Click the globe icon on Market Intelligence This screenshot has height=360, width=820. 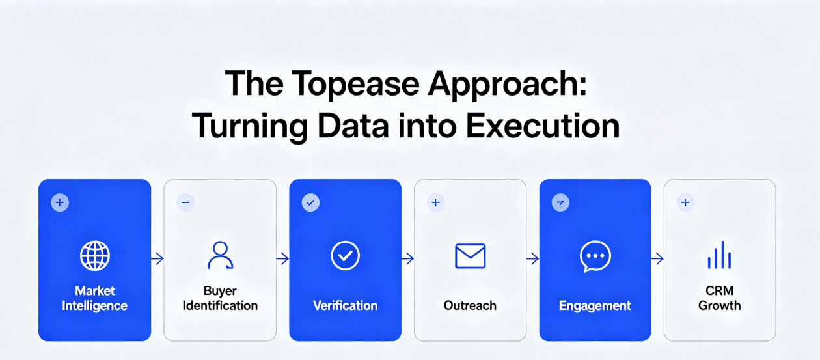tap(94, 256)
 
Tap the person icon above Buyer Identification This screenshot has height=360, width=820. tap(220, 255)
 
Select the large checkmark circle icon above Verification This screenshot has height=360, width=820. tap(345, 256)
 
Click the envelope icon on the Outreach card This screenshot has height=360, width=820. tap(470, 256)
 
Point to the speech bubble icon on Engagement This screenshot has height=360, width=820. tap(595, 256)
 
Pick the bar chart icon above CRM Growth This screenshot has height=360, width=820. tap(719, 256)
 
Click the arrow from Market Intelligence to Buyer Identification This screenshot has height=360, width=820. tap(157, 259)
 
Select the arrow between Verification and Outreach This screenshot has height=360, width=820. tap(407, 259)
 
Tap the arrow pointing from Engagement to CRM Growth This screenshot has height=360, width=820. tap(657, 259)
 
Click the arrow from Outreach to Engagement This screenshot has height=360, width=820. tap(532, 259)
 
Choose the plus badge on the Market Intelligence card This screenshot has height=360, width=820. tap(60, 202)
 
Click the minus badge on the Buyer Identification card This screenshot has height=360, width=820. tap(185, 202)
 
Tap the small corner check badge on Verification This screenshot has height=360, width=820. tap(310, 202)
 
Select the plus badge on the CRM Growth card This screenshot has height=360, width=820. tap(685, 202)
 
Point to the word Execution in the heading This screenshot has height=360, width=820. tap(539, 126)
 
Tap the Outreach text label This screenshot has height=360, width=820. tap(470, 305)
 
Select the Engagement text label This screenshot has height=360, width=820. tap(595, 305)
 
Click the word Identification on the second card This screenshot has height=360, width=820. tap(220, 305)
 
